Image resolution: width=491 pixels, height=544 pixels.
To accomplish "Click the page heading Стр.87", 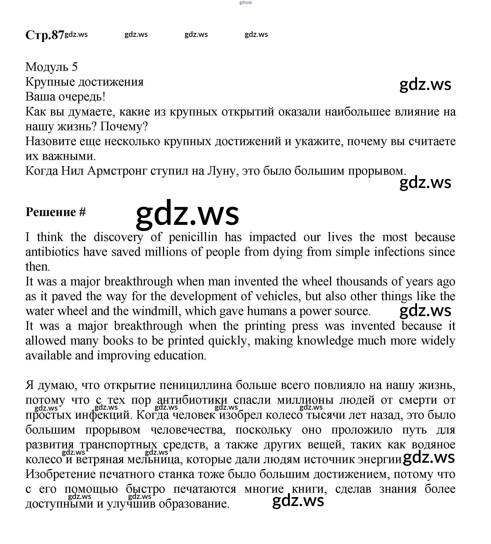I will click(45, 35).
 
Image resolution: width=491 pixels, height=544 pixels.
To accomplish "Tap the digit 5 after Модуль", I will click(74, 67).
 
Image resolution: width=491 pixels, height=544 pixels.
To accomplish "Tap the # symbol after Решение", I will click(83, 212).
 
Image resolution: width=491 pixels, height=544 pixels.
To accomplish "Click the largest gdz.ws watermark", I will click(187, 214).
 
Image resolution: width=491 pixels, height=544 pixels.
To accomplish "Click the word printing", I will click(265, 326).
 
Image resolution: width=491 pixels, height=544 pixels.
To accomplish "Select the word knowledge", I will click(325, 341).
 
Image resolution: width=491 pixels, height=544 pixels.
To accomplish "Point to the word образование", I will click(194, 504).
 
